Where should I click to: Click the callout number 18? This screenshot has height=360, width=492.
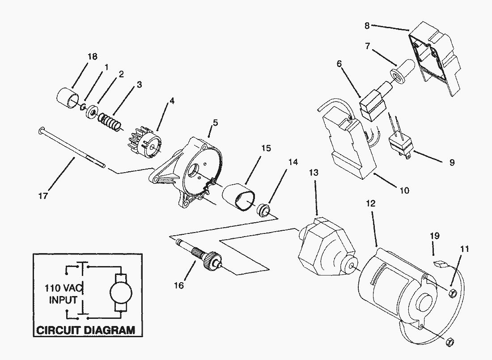click(x=92, y=56)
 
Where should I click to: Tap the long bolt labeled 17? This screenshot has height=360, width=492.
click(x=72, y=148)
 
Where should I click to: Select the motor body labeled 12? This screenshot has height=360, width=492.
click(x=394, y=291)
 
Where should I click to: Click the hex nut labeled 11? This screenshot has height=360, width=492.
click(x=452, y=293)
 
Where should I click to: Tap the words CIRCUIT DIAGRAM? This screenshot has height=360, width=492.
click(x=85, y=330)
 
